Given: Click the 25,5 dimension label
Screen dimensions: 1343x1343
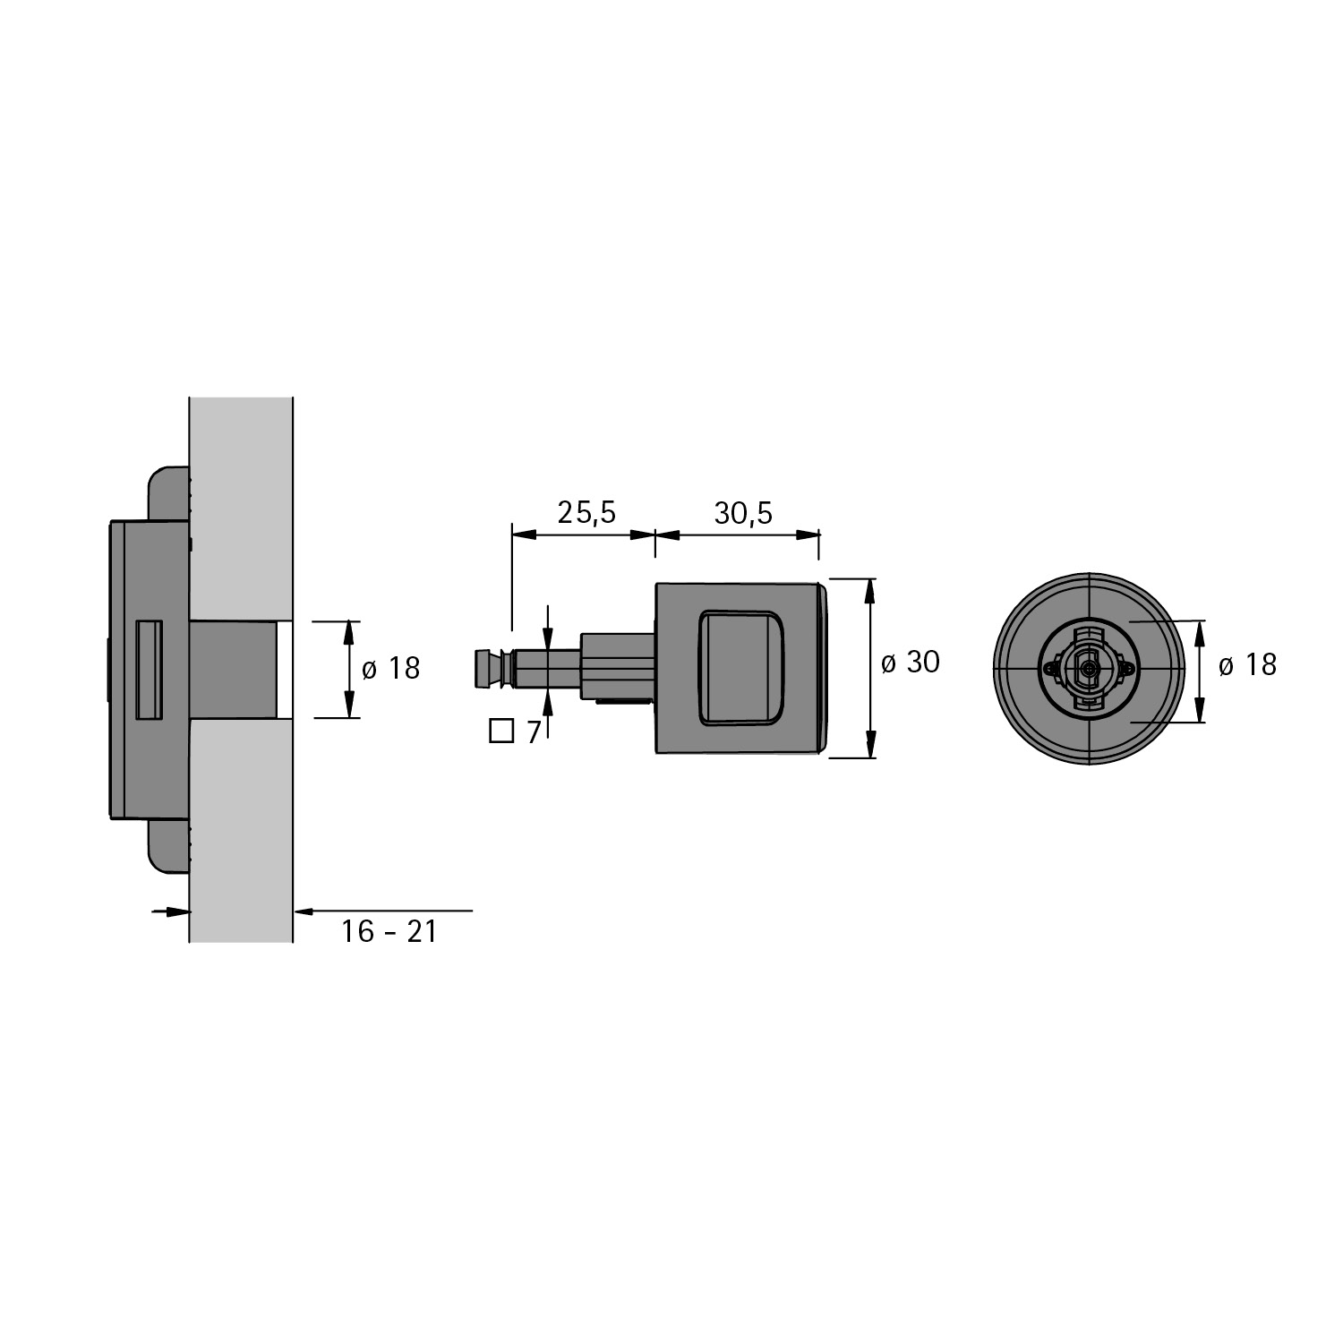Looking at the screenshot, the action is pyautogui.click(x=586, y=513).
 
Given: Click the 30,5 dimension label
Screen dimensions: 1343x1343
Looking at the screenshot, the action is pyautogui.click(x=743, y=513).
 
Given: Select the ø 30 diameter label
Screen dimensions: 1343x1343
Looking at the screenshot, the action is pyautogui.click(x=911, y=663).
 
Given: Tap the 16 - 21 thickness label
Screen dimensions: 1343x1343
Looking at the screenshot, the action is pyautogui.click(x=389, y=932).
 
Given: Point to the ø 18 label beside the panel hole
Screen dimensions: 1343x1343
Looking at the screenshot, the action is pyautogui.click(x=390, y=668).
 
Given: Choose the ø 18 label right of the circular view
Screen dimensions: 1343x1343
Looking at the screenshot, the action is pyautogui.click(x=1247, y=664).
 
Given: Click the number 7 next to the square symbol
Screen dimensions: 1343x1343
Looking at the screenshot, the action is pyautogui.click(x=534, y=732).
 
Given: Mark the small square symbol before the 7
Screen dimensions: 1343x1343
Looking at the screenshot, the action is pyautogui.click(x=501, y=731).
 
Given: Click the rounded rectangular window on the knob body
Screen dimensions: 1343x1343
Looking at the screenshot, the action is pyautogui.click(x=741, y=668).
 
